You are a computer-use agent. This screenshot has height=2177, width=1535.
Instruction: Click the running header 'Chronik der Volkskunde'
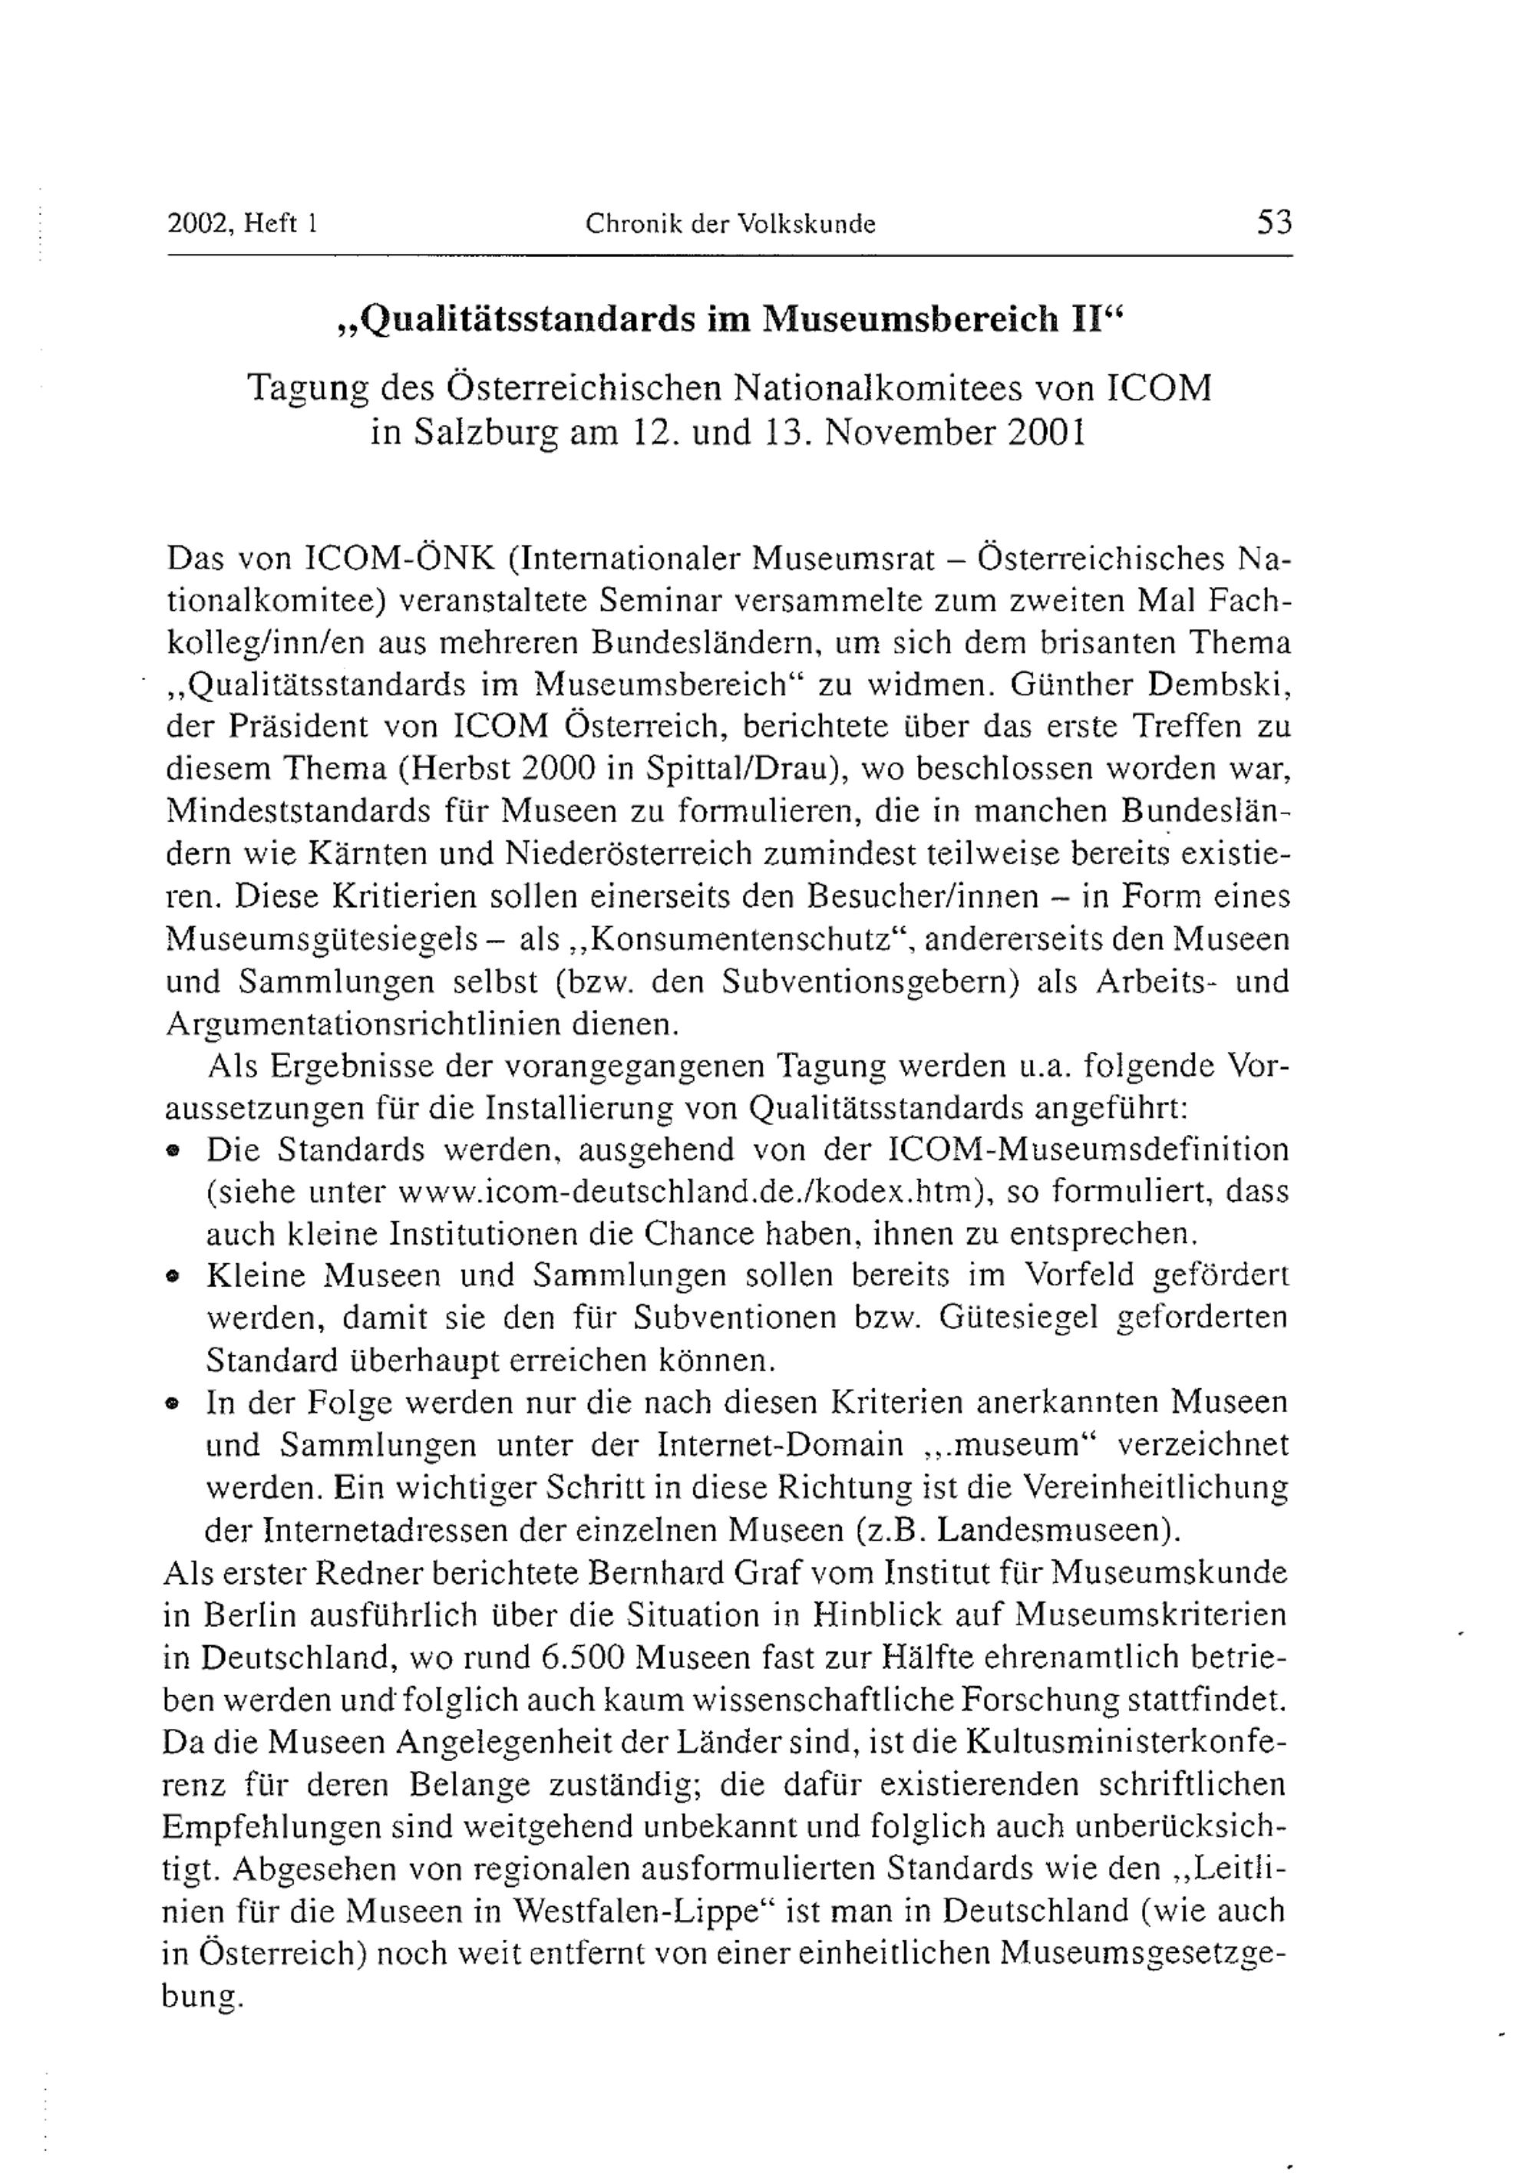point(730,224)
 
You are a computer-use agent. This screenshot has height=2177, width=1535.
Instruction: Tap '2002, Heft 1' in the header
point(241,224)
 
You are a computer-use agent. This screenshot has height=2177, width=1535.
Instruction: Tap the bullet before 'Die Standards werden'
point(173,1151)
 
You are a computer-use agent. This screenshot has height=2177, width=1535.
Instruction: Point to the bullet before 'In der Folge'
point(173,1404)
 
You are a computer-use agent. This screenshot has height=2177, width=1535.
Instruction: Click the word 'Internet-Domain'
point(779,1445)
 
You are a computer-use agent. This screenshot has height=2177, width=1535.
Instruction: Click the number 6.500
point(582,1657)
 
